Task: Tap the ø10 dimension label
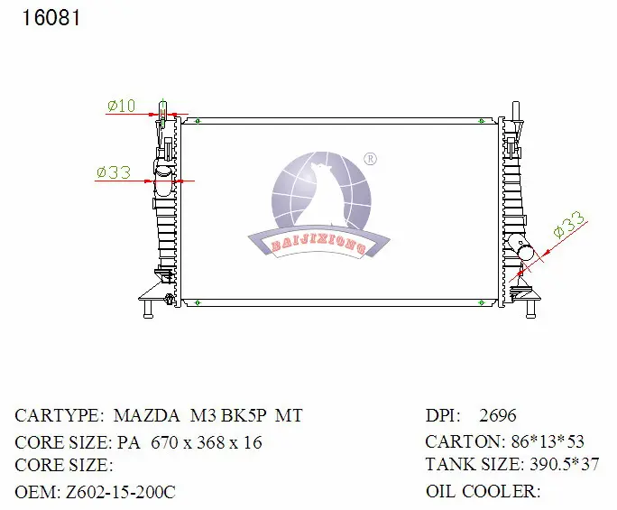[121, 107]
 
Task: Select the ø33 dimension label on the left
[114, 172]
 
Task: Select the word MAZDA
[146, 416]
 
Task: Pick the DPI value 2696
[498, 416]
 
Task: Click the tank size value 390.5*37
[562, 466]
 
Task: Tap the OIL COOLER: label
[483, 492]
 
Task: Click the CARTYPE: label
[60, 416]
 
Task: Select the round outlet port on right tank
[519, 246]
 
